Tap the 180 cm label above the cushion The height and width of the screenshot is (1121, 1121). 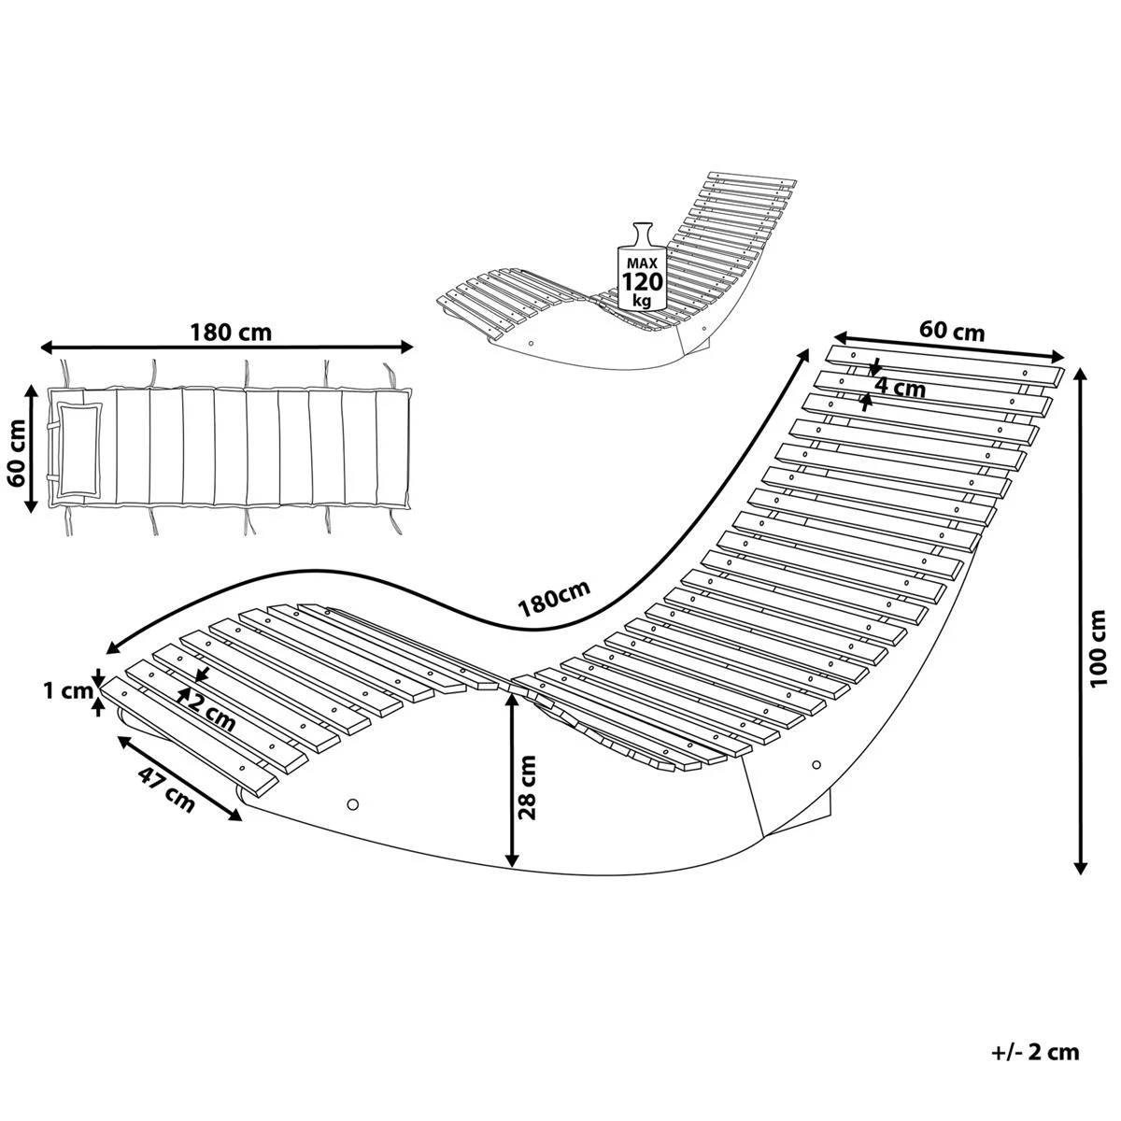pos(230,332)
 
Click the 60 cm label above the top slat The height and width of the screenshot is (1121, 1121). pos(951,330)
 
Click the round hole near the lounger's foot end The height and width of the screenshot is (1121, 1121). pos(353,803)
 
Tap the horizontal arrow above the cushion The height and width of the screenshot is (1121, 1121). pos(227,348)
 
